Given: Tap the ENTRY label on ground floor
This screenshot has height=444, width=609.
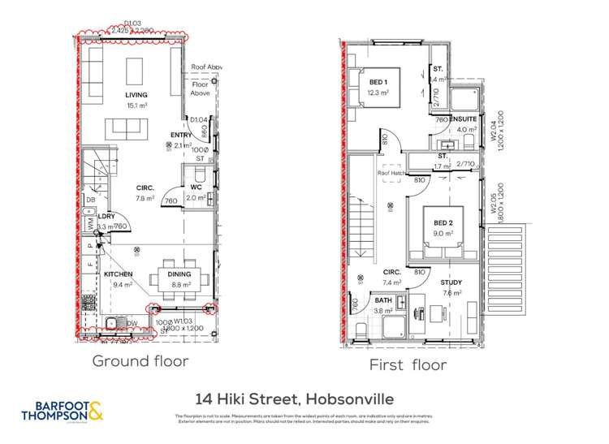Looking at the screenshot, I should coord(179,136).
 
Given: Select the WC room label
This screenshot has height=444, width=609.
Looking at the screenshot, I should coord(196,188).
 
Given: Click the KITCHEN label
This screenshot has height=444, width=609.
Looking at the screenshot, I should coord(118,274).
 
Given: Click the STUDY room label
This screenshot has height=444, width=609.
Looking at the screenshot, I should coord(452,283).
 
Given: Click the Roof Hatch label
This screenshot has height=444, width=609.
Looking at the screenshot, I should coord(391,173).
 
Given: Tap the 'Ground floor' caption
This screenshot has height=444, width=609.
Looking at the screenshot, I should coord(140,360).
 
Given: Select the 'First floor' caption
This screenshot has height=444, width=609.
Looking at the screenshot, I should coord(408,364).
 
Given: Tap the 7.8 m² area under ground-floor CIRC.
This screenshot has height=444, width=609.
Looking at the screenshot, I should coord(145,197).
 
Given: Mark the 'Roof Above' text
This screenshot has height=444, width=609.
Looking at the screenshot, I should coord(206,68).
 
